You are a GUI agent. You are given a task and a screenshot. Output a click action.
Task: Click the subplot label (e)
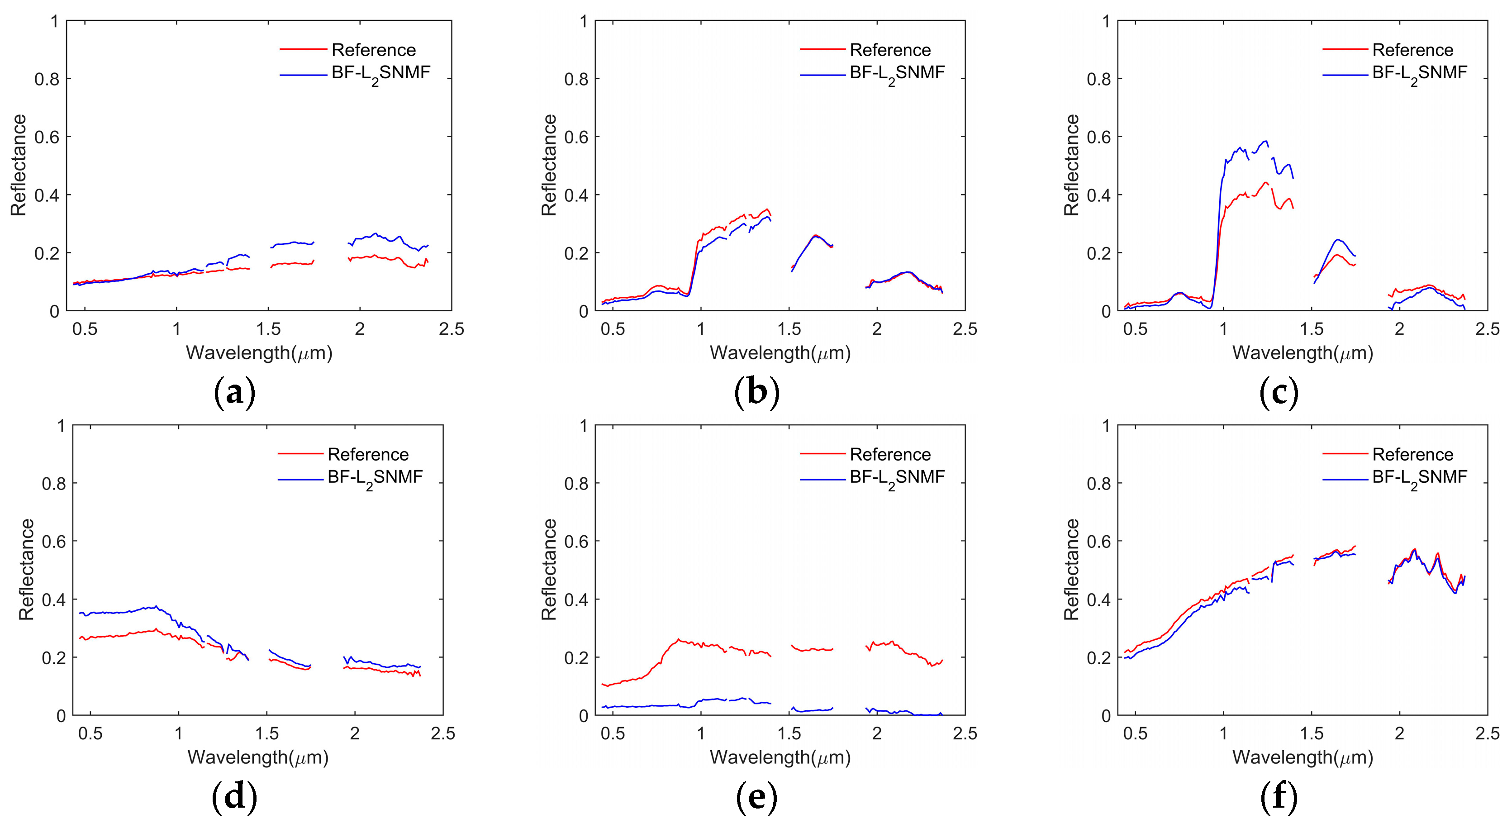[756, 797]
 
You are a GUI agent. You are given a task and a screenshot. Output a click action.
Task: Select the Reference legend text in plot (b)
[890, 50]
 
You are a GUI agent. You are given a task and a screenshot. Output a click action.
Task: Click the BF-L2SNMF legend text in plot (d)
[375, 477]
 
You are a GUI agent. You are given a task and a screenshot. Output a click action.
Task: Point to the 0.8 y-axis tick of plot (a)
[47, 79]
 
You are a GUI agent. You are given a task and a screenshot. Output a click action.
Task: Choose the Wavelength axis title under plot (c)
[1302, 353]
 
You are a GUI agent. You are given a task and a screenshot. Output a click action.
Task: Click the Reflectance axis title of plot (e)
[549, 569]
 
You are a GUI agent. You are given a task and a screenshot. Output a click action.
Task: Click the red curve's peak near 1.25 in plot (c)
[1265, 183]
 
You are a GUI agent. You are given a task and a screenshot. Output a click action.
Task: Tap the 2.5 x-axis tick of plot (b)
[965, 329]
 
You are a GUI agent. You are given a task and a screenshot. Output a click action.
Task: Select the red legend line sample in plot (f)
[1345, 453]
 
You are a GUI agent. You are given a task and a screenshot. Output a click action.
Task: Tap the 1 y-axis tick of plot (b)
[583, 22]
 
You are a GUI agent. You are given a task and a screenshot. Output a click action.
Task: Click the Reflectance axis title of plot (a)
[19, 165]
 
